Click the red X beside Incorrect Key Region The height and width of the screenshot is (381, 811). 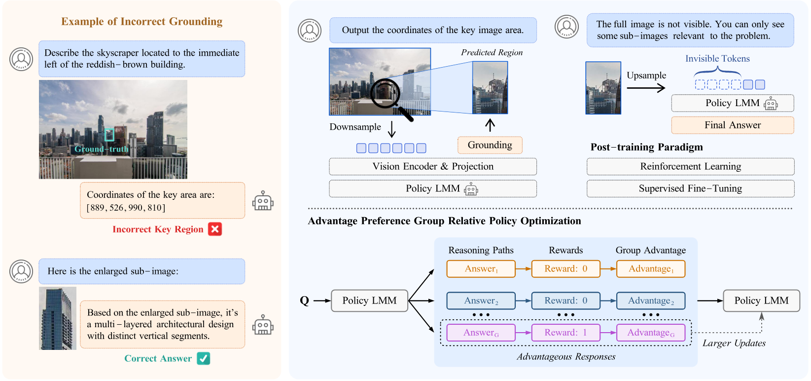point(214,229)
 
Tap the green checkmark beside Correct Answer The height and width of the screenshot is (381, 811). point(204,358)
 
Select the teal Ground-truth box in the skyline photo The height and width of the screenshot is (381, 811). point(109,135)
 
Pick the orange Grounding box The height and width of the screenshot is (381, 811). point(490,145)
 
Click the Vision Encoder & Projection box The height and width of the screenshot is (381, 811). point(433,166)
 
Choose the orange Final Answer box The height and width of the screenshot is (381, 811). point(733,125)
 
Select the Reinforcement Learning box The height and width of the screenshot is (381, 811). point(691,166)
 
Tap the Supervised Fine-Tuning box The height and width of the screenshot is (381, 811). point(691,189)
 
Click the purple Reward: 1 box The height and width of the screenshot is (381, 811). point(566,333)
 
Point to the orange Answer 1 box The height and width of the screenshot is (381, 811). point(481,269)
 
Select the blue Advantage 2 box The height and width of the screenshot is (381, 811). point(651,301)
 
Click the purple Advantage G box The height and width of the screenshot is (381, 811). point(651,333)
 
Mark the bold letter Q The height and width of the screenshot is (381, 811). point(305,301)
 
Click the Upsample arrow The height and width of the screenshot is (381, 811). point(646,88)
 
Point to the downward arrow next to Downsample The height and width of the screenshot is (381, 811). point(392,129)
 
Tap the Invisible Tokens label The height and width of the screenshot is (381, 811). point(717,59)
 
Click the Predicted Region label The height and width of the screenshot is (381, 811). point(492,53)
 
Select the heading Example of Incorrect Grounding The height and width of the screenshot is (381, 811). point(142,21)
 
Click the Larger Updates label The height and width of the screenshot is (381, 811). point(734,343)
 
